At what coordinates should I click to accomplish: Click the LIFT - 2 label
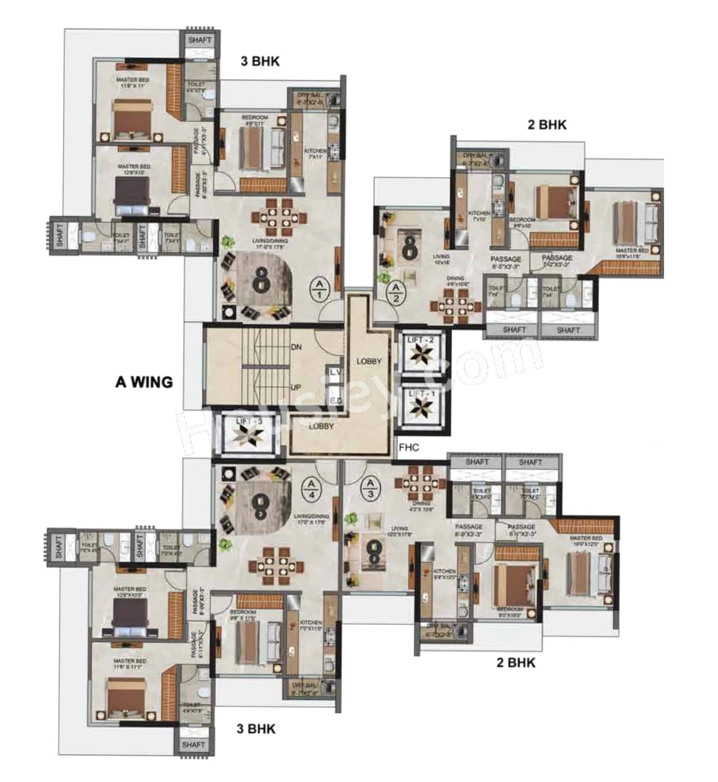click(421, 339)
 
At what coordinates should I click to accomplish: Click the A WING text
click(144, 382)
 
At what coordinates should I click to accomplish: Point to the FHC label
click(409, 447)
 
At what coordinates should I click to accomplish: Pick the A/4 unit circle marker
click(311, 489)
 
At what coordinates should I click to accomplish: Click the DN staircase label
click(296, 347)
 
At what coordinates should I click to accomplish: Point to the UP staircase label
click(296, 387)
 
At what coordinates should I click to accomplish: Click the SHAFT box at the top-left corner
click(200, 40)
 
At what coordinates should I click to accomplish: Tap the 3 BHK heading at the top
click(260, 61)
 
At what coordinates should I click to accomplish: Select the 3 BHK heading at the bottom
click(256, 729)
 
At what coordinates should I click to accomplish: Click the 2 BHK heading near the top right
click(547, 125)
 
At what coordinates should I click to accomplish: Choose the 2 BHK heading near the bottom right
click(516, 663)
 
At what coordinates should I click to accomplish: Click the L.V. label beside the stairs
click(335, 372)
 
